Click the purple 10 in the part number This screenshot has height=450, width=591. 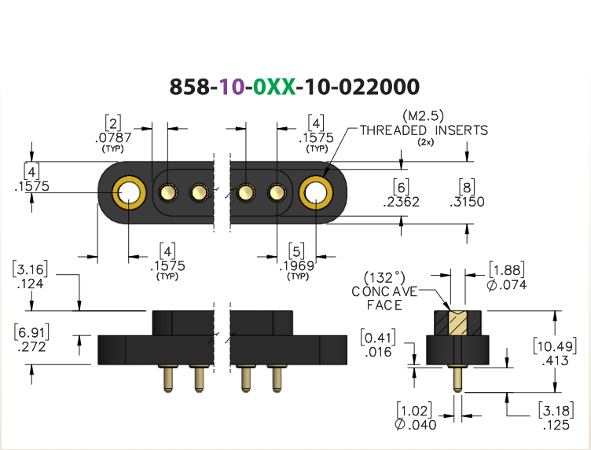pos(232,87)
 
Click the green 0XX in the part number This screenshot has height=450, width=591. pos(274,87)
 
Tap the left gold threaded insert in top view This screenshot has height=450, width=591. pos(129,193)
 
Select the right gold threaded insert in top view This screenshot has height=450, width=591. pos(316,193)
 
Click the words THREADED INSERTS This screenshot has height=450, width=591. pos(424,130)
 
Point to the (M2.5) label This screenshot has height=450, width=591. pos(424,115)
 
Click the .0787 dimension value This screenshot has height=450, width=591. pos(113,137)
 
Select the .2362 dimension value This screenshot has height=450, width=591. pos(401,202)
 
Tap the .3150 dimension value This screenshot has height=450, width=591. pos(467,202)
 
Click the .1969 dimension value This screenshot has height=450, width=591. pos(297,266)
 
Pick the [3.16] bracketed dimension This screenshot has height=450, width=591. pos(30,269)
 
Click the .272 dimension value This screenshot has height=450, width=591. pos(31,347)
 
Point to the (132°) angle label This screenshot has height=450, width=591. pos(384,278)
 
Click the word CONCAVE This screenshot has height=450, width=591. pos(384,291)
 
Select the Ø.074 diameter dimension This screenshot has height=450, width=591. pos(507,285)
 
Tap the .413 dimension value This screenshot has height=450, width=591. pos(555,360)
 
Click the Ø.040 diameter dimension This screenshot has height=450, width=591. pos(416,424)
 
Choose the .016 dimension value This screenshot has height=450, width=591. pos(379,352)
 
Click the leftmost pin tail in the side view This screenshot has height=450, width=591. pos(168,378)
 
